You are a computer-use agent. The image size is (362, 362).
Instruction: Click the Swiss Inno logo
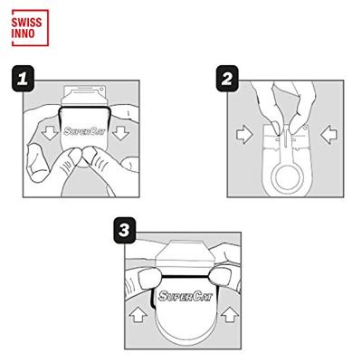coord(30,28)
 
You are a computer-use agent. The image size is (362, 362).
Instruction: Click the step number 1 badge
coord(24,79)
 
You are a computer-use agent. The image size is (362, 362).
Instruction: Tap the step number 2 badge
coord(227,79)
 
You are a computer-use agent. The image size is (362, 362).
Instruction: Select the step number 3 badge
coord(125,231)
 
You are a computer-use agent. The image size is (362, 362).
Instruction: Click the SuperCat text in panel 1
coord(84,131)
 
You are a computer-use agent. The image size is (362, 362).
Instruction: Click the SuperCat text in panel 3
coord(186,296)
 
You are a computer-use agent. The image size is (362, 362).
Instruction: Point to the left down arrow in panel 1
coord(50,133)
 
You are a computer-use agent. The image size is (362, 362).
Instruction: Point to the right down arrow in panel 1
coord(121,133)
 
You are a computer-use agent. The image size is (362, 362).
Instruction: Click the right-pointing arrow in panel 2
coord(244,135)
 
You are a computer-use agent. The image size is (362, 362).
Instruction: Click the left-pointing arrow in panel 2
coord(329,135)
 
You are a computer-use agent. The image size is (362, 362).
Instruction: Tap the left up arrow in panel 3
coord(138,315)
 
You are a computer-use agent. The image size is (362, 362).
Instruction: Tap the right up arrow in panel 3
coord(230,315)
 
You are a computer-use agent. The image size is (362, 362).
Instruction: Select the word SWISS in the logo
coord(27,23)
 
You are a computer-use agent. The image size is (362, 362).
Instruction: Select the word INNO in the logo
coord(24,33)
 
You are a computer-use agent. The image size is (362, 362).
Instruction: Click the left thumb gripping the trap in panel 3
coord(148,278)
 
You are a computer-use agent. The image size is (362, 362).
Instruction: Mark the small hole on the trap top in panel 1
coord(102,90)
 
